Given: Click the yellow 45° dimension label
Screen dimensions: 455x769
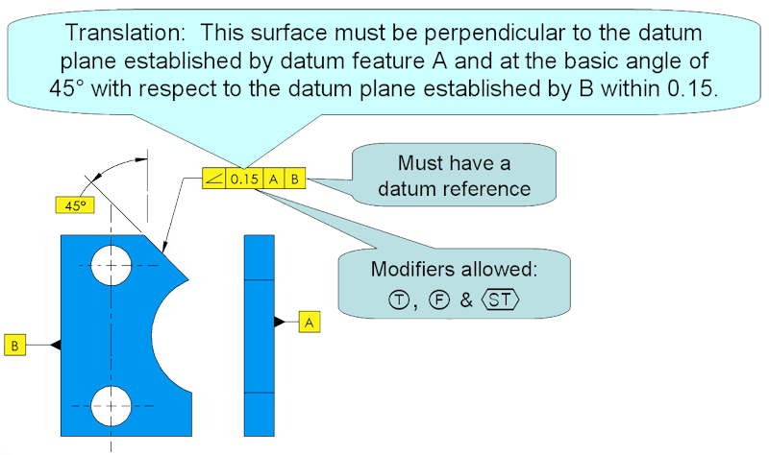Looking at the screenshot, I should coord(70,205).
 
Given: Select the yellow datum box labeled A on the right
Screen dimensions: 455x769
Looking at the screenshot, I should coord(309,323).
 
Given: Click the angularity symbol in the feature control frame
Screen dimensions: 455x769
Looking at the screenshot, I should coord(213,179).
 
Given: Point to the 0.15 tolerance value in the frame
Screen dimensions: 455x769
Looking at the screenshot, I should coord(244,179).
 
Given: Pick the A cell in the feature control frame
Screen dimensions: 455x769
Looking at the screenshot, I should coord(274,179).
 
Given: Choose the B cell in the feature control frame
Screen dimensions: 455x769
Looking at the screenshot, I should coord(295,179).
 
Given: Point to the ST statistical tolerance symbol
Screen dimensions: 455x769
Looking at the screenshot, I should coord(499,299).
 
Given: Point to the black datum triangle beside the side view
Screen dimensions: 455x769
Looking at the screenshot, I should coord(280,323).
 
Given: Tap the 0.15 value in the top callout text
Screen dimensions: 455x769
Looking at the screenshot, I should coord(693,92).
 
